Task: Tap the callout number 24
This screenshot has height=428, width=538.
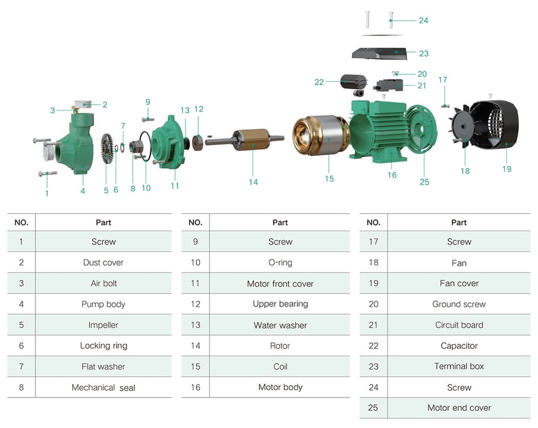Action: (423, 20)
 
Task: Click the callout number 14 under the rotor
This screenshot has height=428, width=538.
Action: (253, 182)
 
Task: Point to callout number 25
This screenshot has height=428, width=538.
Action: (424, 182)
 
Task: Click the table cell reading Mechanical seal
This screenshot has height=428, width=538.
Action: (103, 388)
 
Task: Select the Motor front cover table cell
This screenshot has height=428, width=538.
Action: (280, 284)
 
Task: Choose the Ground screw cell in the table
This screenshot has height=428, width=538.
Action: (459, 304)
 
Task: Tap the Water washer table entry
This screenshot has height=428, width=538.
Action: (280, 325)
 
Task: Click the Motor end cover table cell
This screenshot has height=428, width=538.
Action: (459, 408)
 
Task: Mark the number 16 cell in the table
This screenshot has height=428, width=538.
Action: (195, 387)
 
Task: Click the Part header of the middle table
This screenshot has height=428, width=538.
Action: (280, 223)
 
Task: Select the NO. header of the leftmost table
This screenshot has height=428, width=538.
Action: (21, 223)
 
